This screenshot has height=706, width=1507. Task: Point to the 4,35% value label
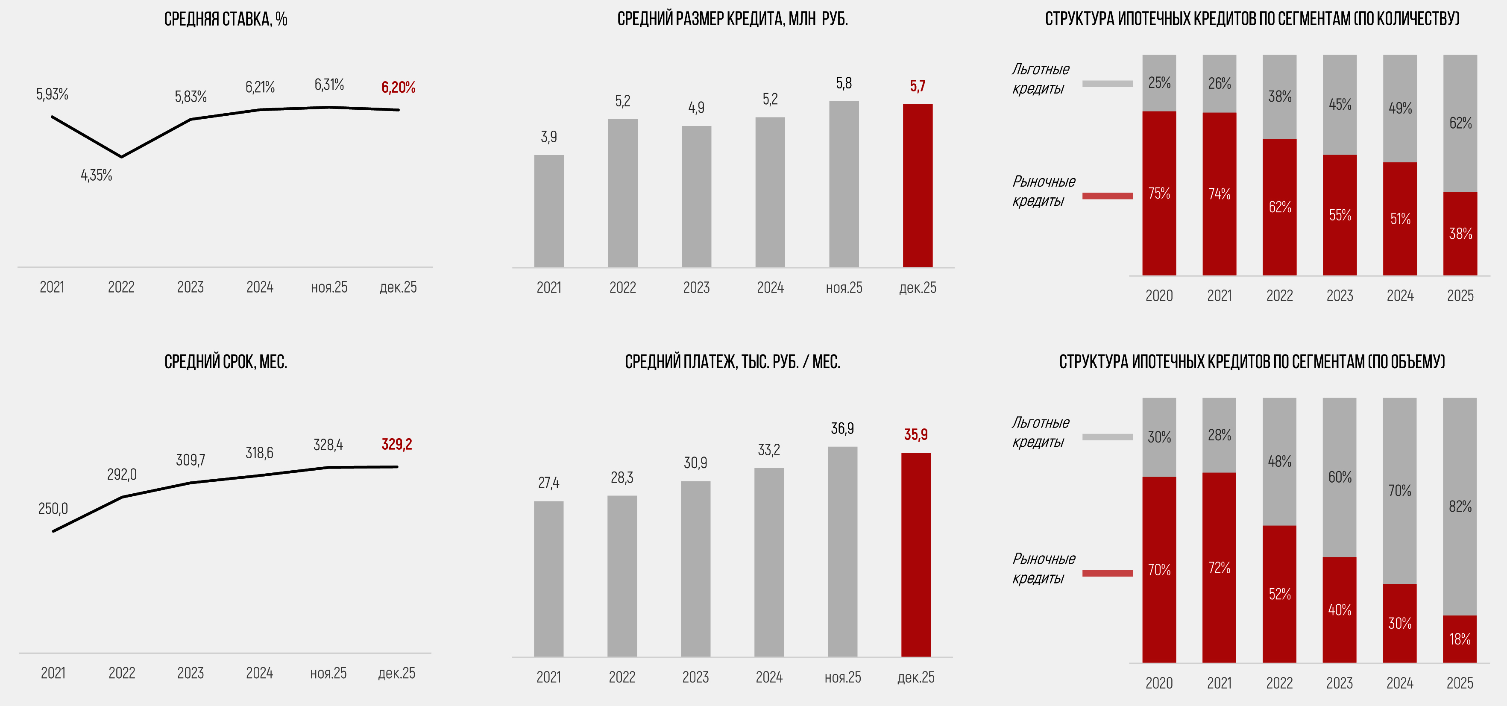(x=97, y=175)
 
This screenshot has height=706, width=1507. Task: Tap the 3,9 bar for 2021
(x=549, y=211)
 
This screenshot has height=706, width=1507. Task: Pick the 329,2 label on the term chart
(x=397, y=445)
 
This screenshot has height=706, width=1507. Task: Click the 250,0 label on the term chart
(x=53, y=508)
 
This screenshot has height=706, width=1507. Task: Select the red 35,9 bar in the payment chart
(x=915, y=554)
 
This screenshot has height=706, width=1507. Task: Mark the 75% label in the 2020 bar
(x=1159, y=193)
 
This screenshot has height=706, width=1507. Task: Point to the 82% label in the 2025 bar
(x=1460, y=507)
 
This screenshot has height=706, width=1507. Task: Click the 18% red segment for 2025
(x=1460, y=639)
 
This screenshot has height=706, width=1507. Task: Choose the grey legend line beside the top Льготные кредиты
(x=1108, y=84)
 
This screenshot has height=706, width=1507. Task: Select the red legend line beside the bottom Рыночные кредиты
(x=1108, y=573)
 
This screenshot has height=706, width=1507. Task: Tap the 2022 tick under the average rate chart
(x=121, y=287)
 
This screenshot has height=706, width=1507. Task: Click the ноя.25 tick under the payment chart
(x=842, y=677)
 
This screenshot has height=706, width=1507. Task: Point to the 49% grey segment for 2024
(x=1400, y=108)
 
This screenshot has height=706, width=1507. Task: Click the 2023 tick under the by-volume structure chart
(x=1340, y=683)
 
